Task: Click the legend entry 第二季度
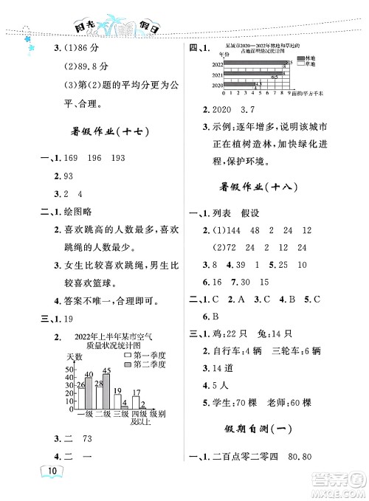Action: point(150,364)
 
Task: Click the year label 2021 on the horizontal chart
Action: point(217,76)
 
